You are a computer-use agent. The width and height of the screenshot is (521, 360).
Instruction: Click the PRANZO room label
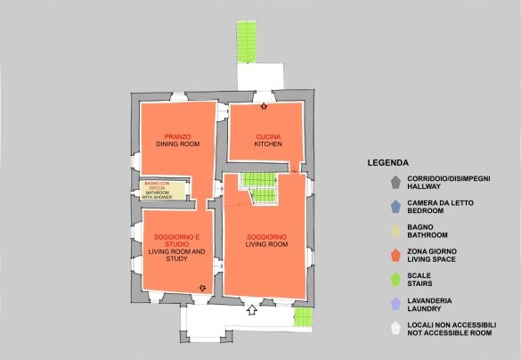(x=178, y=136)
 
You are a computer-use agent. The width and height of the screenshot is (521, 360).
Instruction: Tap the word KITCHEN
(x=268, y=144)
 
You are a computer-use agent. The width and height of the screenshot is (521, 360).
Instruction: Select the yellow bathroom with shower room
(x=163, y=191)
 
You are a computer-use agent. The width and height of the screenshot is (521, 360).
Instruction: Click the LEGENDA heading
(x=388, y=163)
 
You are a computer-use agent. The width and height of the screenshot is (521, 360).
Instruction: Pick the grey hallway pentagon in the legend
(x=395, y=183)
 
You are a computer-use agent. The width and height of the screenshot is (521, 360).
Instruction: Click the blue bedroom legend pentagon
(x=395, y=207)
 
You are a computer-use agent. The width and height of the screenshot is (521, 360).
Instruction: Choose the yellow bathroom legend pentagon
(x=395, y=231)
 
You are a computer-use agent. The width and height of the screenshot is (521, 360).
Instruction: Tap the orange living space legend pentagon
(x=395, y=255)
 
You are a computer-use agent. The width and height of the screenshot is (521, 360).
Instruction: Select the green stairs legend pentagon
(x=395, y=280)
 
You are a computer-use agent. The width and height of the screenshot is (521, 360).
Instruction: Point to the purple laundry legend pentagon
(x=395, y=304)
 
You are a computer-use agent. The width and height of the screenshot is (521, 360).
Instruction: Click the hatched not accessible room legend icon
(x=395, y=328)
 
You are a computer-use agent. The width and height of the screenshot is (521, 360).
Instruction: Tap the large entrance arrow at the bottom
(x=252, y=310)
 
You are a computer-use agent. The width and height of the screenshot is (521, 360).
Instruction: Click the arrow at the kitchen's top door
(x=264, y=106)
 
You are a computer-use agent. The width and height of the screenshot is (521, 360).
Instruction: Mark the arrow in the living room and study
(x=202, y=288)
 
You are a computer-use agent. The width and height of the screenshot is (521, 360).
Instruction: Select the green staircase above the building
(x=247, y=42)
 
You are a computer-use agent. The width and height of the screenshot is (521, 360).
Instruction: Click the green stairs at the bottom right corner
(x=304, y=316)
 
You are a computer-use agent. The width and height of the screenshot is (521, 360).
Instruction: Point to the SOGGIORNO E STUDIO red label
(x=176, y=241)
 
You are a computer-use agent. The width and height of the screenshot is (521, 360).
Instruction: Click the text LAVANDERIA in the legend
(x=429, y=301)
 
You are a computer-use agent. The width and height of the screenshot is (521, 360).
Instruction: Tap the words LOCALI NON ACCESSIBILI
(x=452, y=324)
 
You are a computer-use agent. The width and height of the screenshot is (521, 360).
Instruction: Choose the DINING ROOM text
(x=178, y=144)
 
